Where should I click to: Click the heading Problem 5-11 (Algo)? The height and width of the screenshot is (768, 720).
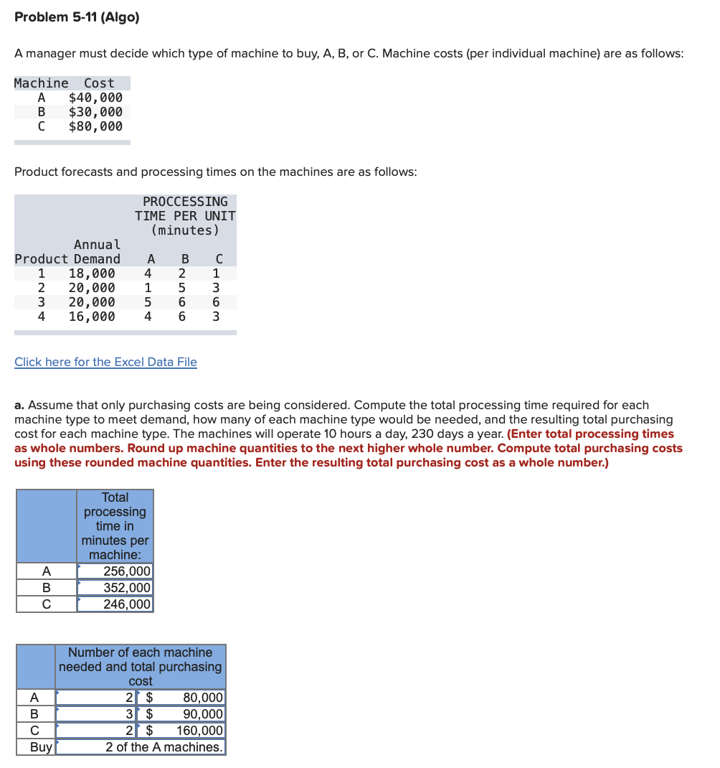click(x=77, y=17)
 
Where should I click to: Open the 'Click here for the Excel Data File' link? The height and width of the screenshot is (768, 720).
click(x=105, y=362)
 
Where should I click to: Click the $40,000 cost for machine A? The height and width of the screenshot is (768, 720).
click(x=95, y=98)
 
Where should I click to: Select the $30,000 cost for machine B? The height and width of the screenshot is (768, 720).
click(x=95, y=112)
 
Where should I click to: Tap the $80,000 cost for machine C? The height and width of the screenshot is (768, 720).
click(x=95, y=126)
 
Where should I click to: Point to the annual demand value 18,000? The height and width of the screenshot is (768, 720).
click(x=91, y=273)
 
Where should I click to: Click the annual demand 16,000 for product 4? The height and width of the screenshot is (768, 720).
click(x=91, y=317)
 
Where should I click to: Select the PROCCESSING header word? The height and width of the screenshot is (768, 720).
click(x=185, y=202)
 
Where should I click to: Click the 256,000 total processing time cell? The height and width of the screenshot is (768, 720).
click(x=127, y=571)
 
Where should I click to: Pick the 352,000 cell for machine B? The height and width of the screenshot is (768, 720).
click(x=127, y=588)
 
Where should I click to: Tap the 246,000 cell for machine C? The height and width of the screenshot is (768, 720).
click(x=127, y=604)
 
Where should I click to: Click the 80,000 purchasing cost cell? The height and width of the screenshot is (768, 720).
click(x=203, y=697)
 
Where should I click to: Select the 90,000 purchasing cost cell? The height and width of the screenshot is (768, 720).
click(x=203, y=713)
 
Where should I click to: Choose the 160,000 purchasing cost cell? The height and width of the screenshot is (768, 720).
click(x=200, y=731)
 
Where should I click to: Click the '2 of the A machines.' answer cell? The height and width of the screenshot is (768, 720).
click(x=164, y=747)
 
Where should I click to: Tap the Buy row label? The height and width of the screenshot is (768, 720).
click(x=41, y=747)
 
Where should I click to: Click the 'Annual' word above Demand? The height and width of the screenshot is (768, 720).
click(x=98, y=245)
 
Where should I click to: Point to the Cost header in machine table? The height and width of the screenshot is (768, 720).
click(x=99, y=83)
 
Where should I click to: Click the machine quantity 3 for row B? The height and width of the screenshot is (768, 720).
click(x=129, y=713)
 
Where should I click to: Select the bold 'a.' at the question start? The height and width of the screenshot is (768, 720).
click(x=19, y=406)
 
